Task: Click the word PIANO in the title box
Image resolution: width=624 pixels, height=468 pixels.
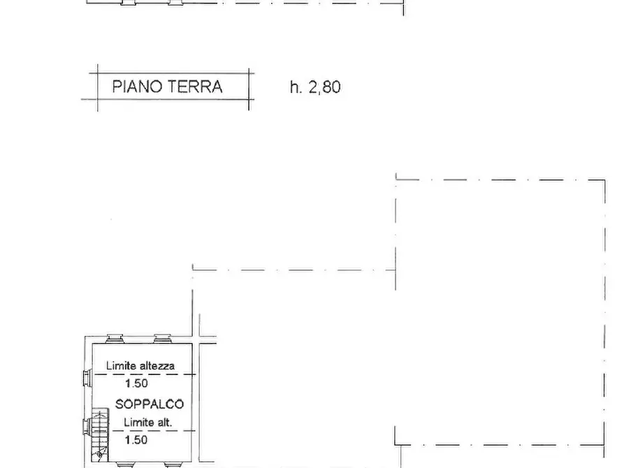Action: coord(136,87)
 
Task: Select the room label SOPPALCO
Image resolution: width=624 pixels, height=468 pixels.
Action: coord(150,404)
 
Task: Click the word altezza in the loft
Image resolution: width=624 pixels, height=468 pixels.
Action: coord(157,365)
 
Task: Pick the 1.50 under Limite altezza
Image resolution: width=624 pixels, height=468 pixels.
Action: coord(136,383)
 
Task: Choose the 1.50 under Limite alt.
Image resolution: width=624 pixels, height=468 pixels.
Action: coord(136,440)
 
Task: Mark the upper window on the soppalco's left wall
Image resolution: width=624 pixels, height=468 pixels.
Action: coord(86,378)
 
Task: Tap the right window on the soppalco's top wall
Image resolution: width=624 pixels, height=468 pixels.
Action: coord(162,339)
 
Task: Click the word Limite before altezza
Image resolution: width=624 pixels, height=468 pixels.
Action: coord(121,365)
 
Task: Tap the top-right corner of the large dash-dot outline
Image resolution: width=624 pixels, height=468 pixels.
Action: coord(604,180)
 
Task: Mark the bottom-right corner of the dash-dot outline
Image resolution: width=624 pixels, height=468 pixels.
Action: coord(604,444)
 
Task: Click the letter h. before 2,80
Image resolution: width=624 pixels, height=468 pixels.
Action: coord(296,88)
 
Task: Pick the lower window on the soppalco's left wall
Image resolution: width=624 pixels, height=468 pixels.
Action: coord(86,425)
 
